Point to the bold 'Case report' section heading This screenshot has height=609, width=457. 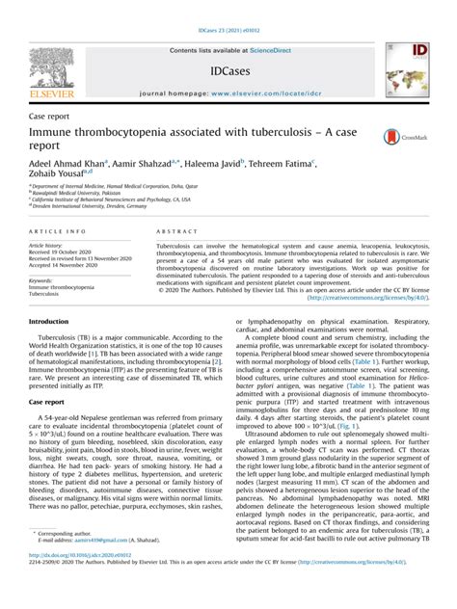click(47, 399)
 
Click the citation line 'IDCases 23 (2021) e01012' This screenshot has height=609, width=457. click(228, 7)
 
